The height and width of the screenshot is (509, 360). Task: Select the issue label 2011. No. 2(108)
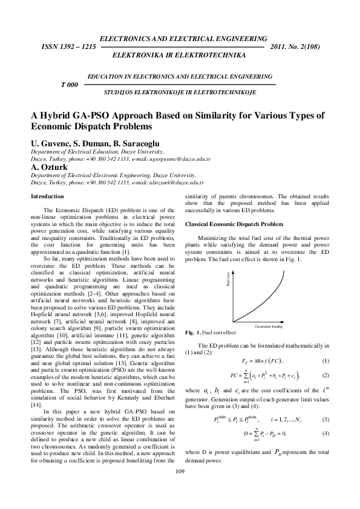[294, 47]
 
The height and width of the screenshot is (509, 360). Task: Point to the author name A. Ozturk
[51, 167]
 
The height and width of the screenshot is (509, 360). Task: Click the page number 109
[180, 488]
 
